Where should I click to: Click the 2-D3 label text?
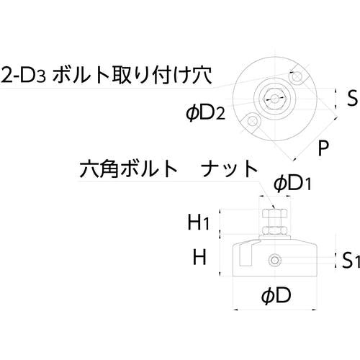pyautogui.click(x=23, y=75)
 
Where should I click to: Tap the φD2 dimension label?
pyautogui.click(x=206, y=113)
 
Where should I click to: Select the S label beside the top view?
pyautogui.click(x=352, y=98)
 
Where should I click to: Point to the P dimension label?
pyautogui.click(x=323, y=148)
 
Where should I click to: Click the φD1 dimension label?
pyautogui.click(x=292, y=184)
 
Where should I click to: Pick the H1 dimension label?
pyautogui.click(x=198, y=222)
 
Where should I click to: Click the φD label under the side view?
pyautogui.click(x=276, y=296)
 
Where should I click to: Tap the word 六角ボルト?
pyautogui.click(x=128, y=169)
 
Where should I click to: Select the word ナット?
pyautogui.click(x=229, y=169)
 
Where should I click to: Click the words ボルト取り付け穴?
pyautogui.click(x=132, y=75)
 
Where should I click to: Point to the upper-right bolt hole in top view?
pyautogui.click(x=297, y=77)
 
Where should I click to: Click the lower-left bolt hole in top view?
pyautogui.click(x=252, y=120)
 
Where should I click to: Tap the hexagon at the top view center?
pyautogui.click(x=275, y=99)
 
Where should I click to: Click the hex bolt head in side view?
pyautogui.click(x=274, y=213)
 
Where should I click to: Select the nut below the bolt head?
pyautogui.click(x=275, y=230)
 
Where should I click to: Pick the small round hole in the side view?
pyautogui.click(x=275, y=260)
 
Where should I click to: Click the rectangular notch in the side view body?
pyautogui.click(x=245, y=257)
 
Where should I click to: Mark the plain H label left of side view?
pyautogui.click(x=199, y=257)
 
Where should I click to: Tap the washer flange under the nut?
pyautogui.click(x=275, y=236)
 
